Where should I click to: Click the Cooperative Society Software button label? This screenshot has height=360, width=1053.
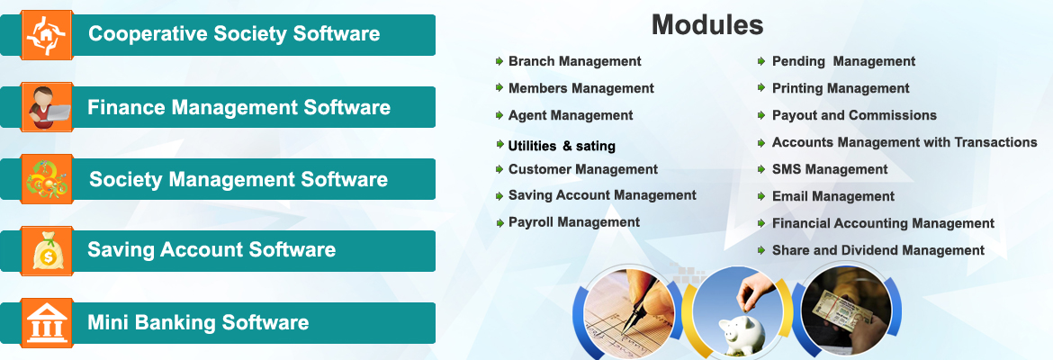pos(234,35)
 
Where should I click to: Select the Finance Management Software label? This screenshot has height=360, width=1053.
pos(238,108)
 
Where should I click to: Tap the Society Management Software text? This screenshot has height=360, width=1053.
pos(238,179)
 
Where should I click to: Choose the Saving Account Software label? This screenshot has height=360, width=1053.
pos(211,250)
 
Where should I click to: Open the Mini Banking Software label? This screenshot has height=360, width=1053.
pos(198,322)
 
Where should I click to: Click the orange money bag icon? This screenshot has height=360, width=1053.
pos(46,250)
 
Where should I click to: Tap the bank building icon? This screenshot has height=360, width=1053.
pos(46,323)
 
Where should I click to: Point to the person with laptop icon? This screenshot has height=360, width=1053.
pos(46,107)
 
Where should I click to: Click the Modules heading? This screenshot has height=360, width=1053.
pos(707,25)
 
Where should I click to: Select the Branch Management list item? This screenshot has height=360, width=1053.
pos(574,61)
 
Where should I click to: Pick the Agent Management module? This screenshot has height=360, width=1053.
pos(571,115)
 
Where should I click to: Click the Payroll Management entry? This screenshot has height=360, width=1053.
pos(573,222)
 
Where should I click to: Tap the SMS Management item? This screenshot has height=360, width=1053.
pos(829,169)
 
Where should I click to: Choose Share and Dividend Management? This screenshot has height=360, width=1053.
pos(877,250)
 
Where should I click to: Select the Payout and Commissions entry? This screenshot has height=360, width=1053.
pos(854,115)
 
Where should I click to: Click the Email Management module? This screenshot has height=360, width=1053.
pos(832,196)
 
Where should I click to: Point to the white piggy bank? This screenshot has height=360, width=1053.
pos(741,333)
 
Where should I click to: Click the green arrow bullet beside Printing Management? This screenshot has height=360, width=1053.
pos(762,88)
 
